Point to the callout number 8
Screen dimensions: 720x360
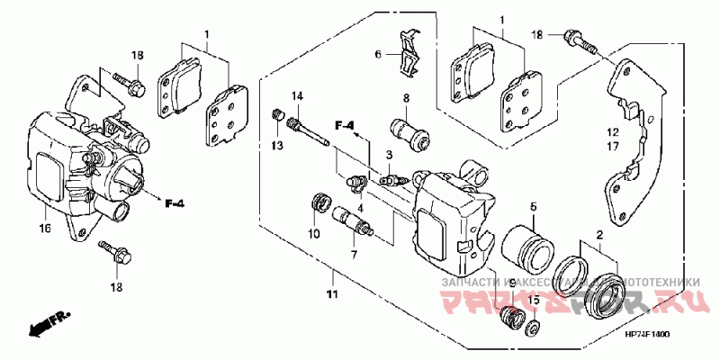pyautogui.click(x=406, y=97)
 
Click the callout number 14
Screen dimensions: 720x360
pyautogui.click(x=296, y=96)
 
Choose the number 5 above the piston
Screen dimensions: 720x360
pyautogui.click(x=533, y=206)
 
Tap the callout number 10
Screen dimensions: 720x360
pyautogui.click(x=315, y=234)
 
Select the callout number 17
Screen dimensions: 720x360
pyautogui.click(x=612, y=145)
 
